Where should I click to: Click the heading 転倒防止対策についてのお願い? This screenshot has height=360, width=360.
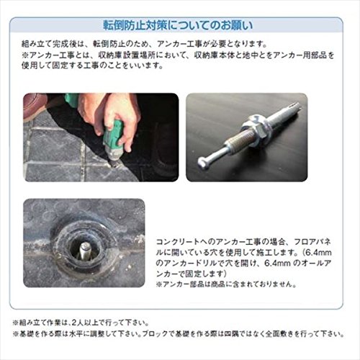click(x=178, y=25)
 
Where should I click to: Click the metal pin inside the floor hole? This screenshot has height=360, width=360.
click(x=85, y=251)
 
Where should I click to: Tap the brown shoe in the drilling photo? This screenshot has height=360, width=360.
click(x=35, y=106)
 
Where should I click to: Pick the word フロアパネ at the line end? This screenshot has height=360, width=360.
click(x=312, y=242)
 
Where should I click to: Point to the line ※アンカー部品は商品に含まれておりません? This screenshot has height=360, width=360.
click(x=226, y=284)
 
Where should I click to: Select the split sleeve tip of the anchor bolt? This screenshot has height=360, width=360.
click(x=293, y=107)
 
